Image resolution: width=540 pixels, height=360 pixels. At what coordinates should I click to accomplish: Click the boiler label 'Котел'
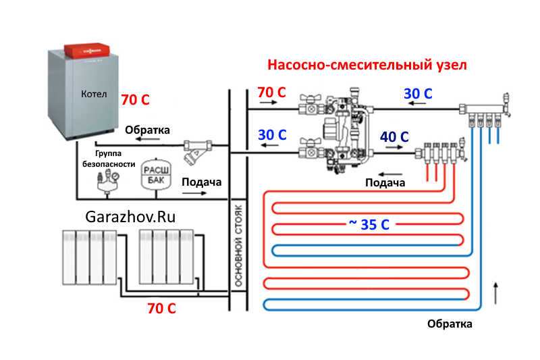pyautogui.click(x=94, y=95)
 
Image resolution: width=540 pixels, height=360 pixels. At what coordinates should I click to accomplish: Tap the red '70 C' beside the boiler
pyautogui.click(x=135, y=100)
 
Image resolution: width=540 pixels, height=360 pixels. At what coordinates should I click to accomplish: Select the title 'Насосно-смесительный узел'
pyautogui.click(x=367, y=66)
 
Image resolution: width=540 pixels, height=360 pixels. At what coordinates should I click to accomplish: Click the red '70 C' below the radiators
pyautogui.click(x=162, y=309)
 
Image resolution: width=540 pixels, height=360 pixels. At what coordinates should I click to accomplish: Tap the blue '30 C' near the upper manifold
pyautogui.click(x=418, y=94)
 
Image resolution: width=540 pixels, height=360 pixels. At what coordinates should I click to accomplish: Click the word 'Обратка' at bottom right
pyautogui.click(x=450, y=324)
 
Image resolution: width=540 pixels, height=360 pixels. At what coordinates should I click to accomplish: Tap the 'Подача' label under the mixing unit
pyautogui.click(x=385, y=182)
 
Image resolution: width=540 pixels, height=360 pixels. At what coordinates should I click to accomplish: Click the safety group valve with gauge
pyautogui.click(x=109, y=180)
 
